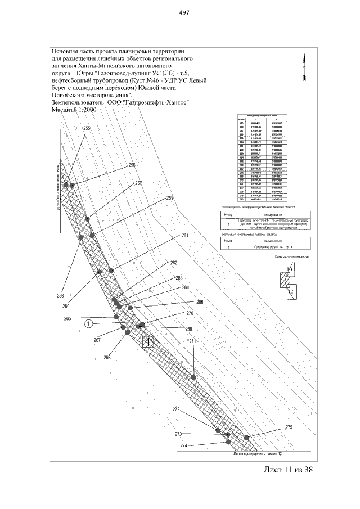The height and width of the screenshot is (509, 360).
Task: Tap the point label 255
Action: click(x=87, y=129)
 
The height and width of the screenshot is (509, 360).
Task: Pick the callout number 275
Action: click(x=289, y=427)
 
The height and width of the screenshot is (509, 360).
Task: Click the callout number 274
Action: click(x=183, y=445)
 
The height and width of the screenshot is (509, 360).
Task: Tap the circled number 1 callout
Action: click(x=88, y=323)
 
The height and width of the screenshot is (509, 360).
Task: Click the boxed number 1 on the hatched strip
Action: click(x=148, y=341)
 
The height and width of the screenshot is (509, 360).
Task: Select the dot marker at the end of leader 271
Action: click(x=193, y=377)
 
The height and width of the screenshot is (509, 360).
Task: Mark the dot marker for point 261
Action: click(x=111, y=271)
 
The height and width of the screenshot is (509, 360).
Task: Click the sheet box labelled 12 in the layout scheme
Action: click(x=291, y=292)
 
